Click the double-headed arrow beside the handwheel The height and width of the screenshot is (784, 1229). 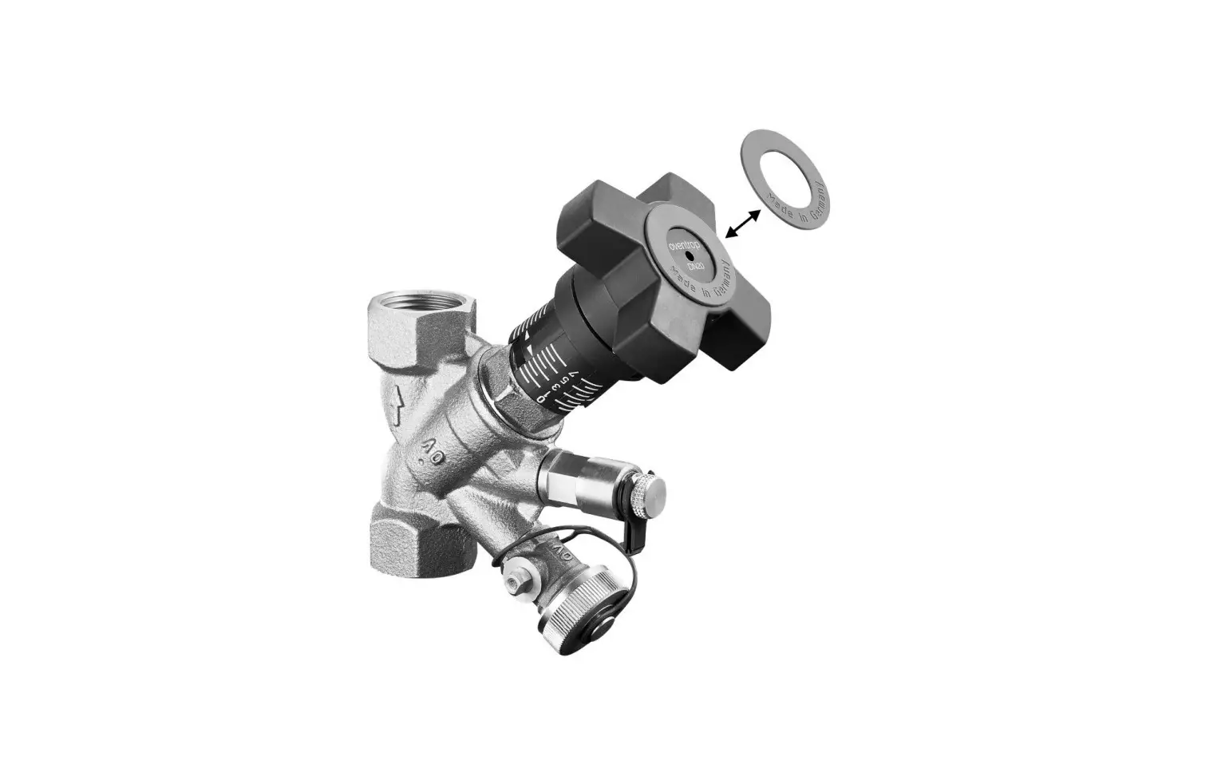[743, 222]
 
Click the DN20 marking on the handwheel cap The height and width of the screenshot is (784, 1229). [694, 264]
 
